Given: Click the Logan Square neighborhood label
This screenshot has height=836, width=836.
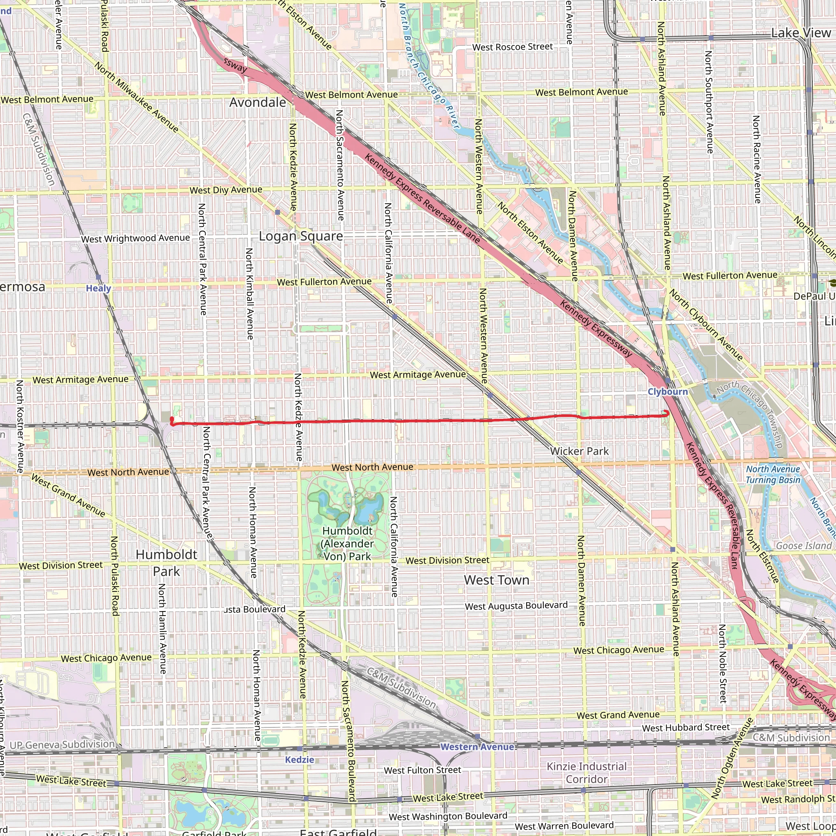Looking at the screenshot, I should pos(301,236).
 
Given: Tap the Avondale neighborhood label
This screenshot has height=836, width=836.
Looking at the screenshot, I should pos(258,102).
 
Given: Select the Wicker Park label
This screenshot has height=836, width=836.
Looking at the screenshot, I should pos(579,451).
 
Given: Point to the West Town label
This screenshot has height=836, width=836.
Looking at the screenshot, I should pos(497,580).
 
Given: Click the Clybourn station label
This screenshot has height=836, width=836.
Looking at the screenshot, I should pos(668,391).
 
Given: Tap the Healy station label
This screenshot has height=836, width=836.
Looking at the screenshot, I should pos(98,289).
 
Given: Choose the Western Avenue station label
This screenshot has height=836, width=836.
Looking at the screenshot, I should pos(477,747).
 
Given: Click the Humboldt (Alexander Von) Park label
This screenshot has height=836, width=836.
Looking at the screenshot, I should pos(347,543).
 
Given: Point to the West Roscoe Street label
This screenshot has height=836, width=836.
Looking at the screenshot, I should pos(512,47).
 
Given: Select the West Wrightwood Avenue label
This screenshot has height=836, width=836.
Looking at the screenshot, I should pos(136,238).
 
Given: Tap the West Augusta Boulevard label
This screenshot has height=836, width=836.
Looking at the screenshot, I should pos(516,606).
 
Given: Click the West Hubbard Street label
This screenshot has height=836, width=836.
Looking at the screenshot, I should pos(686,727).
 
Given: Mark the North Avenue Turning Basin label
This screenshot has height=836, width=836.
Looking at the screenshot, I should pos(773,474).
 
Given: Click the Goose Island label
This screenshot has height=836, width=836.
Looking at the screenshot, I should pos(803,546).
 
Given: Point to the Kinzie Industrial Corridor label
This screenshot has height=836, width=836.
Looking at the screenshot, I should pos(587,772).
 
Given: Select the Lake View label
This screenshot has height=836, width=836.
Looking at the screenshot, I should pos(801,33).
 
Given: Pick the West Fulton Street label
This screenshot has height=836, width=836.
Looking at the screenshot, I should pos(422,770).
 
